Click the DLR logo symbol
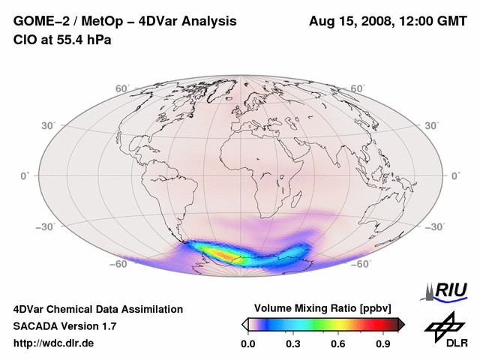coord(442,325)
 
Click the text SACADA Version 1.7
coord(65,326)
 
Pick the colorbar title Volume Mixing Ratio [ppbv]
coord(323,308)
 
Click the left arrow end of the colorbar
coord(244,324)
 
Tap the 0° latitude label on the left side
coord(24,176)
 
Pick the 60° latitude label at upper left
coord(122,89)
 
